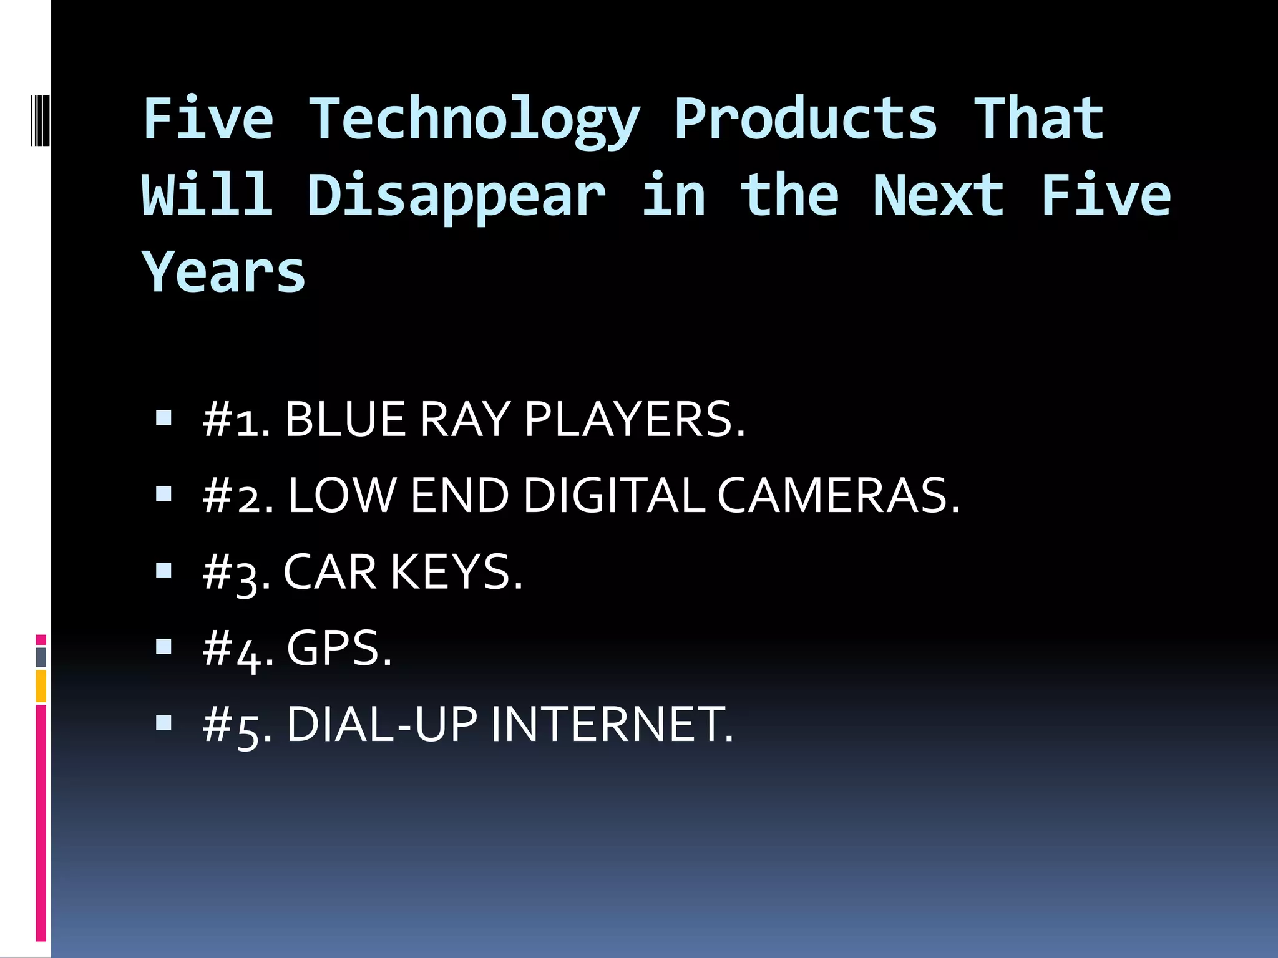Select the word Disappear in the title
[x=456, y=196]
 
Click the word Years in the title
[x=223, y=272]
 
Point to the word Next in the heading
[x=939, y=196]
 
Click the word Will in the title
[x=207, y=196]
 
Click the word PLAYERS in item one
[x=634, y=419]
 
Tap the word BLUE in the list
[x=345, y=419]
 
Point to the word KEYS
[x=456, y=572]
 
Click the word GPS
[x=339, y=649]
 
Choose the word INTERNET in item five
[x=612, y=725]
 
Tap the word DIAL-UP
[x=382, y=725]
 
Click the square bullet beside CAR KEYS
[x=163, y=570]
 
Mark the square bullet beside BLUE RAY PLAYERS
[x=163, y=417]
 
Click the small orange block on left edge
[x=41, y=686]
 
